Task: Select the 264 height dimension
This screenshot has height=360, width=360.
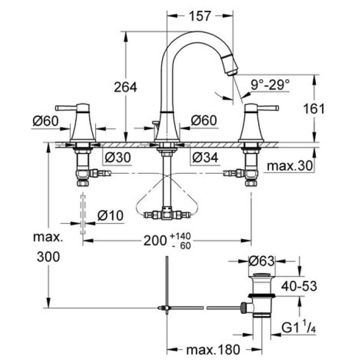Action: point(125,87)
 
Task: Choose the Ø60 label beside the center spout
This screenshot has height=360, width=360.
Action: point(204,120)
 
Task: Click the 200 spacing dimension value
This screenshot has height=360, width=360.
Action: point(155,240)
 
